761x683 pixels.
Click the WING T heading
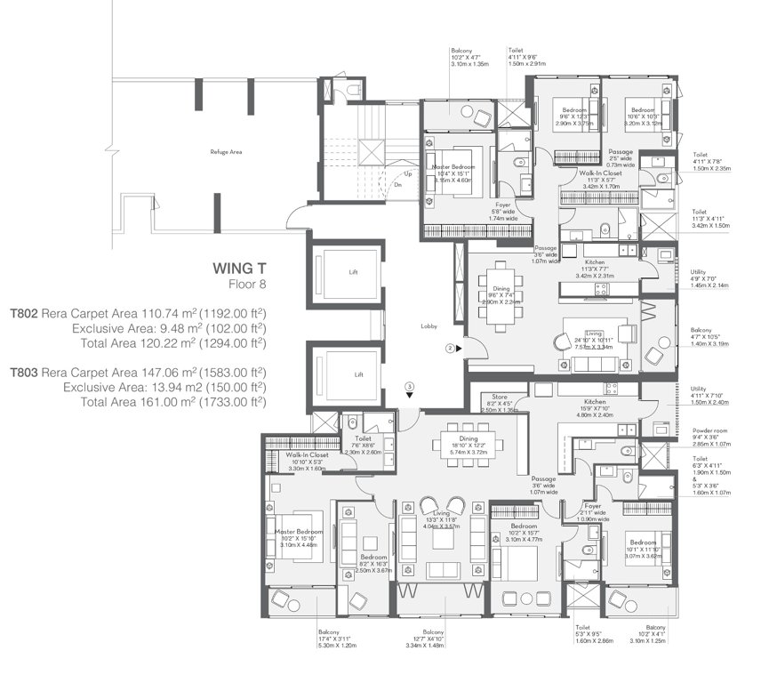[x=239, y=267]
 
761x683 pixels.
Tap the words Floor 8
[x=246, y=285]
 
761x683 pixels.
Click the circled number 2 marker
[x=451, y=349]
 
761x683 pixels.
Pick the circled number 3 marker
[x=409, y=386]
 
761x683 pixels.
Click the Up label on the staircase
[x=408, y=174]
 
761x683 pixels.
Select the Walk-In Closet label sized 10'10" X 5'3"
[x=308, y=454]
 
